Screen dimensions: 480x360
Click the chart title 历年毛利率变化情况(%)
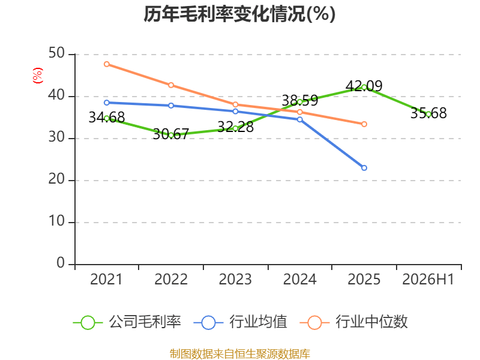(x=239, y=14)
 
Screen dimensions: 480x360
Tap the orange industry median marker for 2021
(x=107, y=64)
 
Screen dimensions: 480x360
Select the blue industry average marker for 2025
(x=364, y=168)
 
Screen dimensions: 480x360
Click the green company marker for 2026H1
(x=428, y=114)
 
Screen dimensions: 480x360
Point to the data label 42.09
(x=364, y=86)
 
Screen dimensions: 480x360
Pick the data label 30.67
(x=171, y=134)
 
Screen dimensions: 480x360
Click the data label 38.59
(x=299, y=100)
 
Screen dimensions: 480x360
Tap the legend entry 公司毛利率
(x=127, y=322)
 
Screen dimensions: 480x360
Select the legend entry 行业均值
(x=241, y=322)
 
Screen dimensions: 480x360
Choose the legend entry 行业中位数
(x=354, y=322)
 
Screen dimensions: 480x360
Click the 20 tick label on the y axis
(x=56, y=179)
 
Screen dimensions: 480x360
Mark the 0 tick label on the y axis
(x=61, y=263)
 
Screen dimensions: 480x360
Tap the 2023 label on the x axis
(x=235, y=280)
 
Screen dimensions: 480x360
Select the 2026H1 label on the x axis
(x=428, y=280)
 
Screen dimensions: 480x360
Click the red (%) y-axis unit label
(x=38, y=76)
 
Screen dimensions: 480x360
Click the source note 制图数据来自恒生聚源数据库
(x=239, y=354)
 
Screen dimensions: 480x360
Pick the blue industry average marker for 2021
(x=107, y=103)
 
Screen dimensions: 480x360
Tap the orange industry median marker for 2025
(x=364, y=124)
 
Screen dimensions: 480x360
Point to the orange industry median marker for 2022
(x=171, y=85)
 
